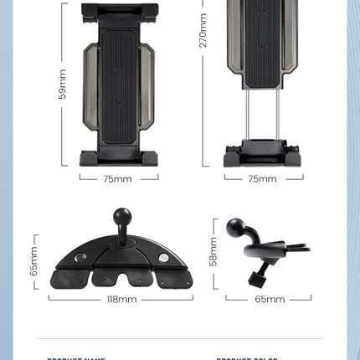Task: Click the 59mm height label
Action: tap(62, 84)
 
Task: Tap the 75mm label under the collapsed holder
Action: tap(117, 178)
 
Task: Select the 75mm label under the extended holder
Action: tap(262, 178)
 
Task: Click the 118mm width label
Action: tap(118, 298)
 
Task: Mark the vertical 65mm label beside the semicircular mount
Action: tap(34, 261)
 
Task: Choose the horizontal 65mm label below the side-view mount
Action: tap(270, 299)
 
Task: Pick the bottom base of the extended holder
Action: tap(262, 156)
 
